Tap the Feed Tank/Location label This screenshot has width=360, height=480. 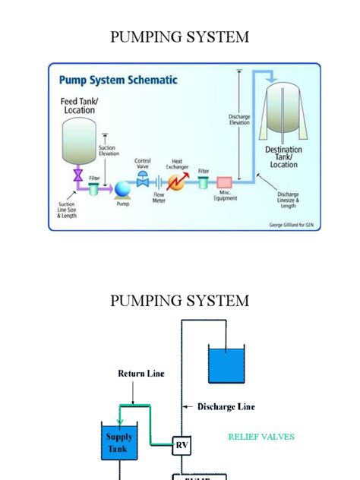(x=79, y=105)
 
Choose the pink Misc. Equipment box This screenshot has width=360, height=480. (x=224, y=183)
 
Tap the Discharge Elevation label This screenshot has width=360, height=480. (x=239, y=121)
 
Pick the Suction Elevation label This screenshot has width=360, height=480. (x=108, y=150)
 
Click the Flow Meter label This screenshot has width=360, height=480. (x=159, y=198)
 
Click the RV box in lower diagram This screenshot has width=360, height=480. (x=182, y=444)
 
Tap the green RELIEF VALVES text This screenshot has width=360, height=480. (x=261, y=437)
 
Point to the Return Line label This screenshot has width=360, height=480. (x=141, y=374)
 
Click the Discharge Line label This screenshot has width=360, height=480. (x=226, y=407)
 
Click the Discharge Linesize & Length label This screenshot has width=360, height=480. (x=292, y=199)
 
